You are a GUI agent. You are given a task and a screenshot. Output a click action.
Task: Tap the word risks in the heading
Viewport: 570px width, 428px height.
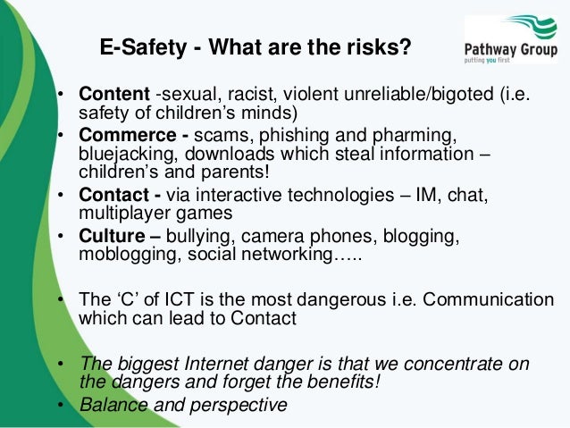(x=379, y=47)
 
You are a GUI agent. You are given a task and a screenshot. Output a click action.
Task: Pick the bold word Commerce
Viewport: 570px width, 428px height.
(x=120, y=136)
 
